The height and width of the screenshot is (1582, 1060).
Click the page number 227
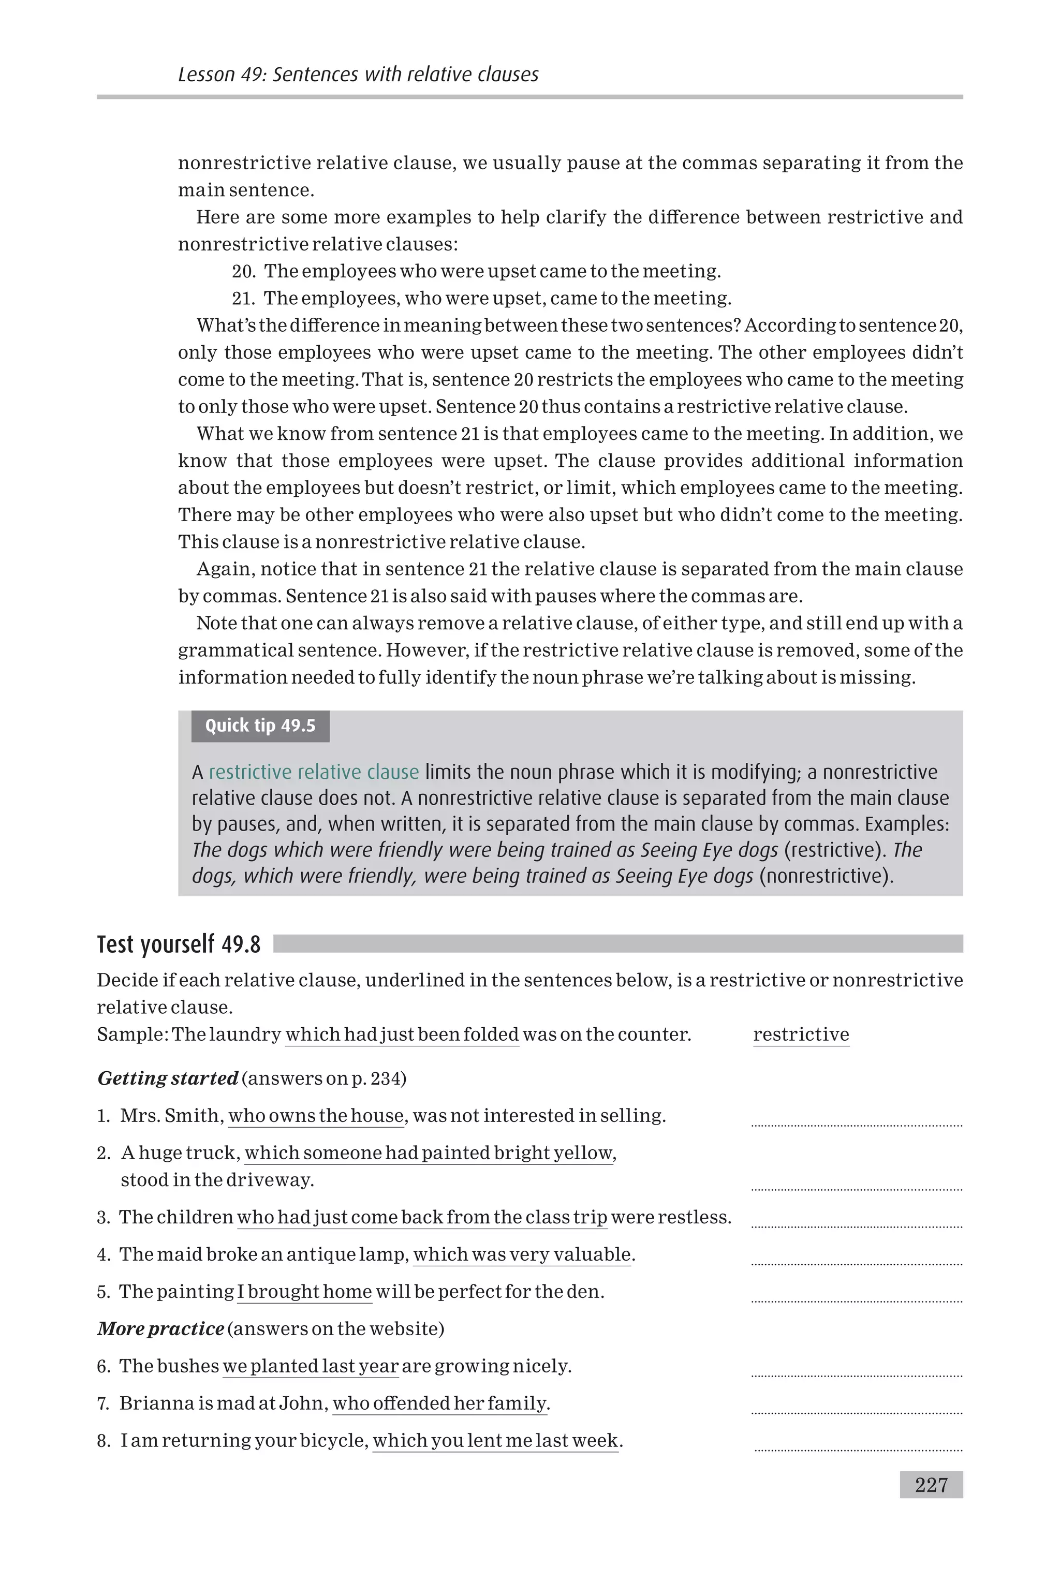[x=931, y=1485]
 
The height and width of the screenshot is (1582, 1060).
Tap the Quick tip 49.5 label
[x=260, y=726]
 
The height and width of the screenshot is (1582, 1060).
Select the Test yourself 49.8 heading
[x=179, y=944]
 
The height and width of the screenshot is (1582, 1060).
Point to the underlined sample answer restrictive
[x=801, y=1034]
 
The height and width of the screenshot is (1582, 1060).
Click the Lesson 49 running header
[x=358, y=75]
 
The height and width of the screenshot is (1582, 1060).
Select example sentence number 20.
[x=476, y=271]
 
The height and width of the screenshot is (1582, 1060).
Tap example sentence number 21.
[x=481, y=298]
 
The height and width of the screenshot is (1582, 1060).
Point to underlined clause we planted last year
[x=311, y=1366]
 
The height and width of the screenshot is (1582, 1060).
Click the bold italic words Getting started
[x=168, y=1078]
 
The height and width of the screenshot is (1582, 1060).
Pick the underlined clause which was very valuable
[x=522, y=1254]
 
